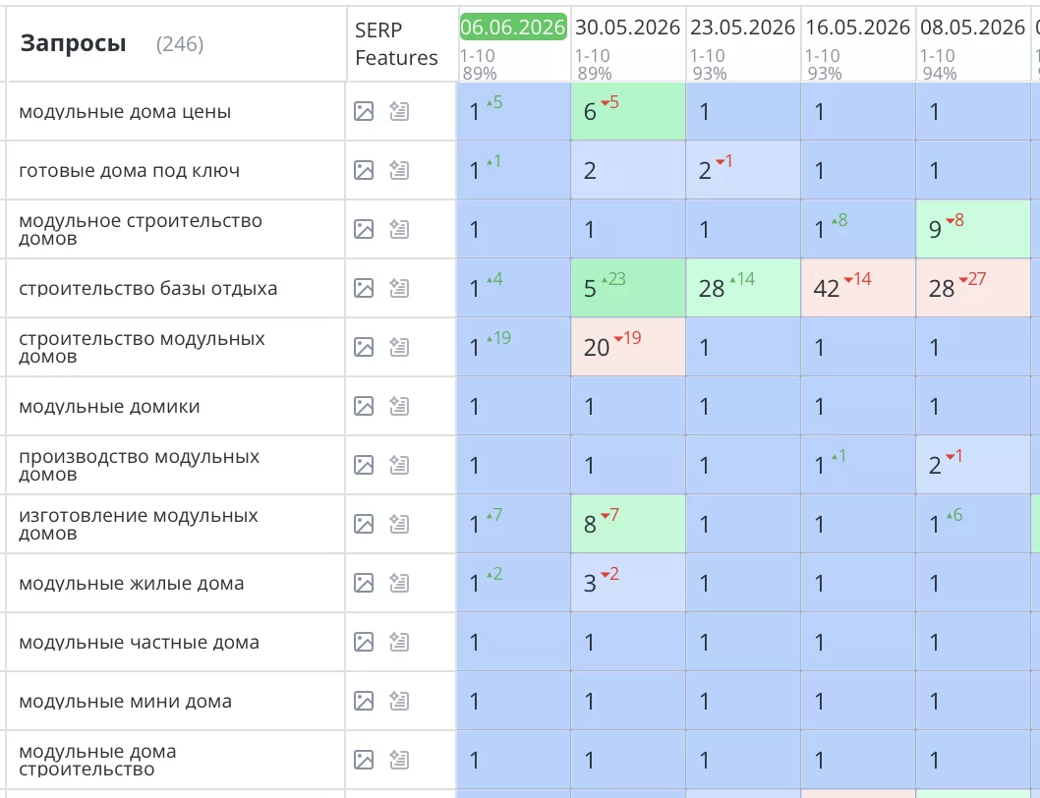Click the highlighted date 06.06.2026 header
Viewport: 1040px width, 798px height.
tap(513, 28)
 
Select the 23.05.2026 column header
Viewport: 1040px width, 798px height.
tap(742, 28)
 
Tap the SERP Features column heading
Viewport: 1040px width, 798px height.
tap(396, 44)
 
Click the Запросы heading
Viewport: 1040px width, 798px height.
tap(73, 44)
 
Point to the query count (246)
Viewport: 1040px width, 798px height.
tap(180, 44)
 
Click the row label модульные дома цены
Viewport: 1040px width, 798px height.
tap(125, 111)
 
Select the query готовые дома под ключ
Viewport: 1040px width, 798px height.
tap(130, 170)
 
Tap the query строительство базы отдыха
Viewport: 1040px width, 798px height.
tap(147, 289)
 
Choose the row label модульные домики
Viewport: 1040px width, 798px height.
tap(109, 407)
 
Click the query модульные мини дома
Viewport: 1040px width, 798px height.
tap(126, 701)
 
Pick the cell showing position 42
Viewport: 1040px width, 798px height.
tap(858, 288)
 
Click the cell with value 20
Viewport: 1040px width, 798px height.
tap(628, 347)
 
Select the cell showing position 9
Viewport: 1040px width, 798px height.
tap(973, 229)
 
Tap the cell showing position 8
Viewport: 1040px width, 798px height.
tap(628, 524)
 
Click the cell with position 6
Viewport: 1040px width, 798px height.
tap(628, 111)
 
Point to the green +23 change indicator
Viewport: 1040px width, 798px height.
tap(613, 279)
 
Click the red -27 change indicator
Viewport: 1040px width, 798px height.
tap(972, 279)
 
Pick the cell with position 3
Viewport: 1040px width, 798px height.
tap(628, 583)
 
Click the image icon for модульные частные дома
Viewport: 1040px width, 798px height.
tap(364, 642)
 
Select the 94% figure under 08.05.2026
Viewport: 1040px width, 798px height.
tap(940, 74)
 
